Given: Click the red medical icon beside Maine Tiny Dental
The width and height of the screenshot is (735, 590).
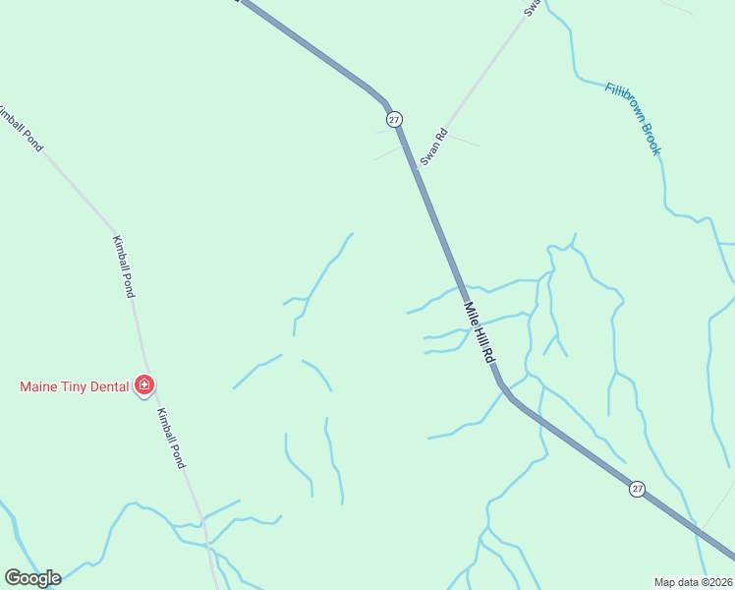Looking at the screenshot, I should click(144, 384).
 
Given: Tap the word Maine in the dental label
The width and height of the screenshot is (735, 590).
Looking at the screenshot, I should click(40, 386).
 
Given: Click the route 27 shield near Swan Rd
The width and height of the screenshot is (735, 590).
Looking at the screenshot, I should click(394, 119).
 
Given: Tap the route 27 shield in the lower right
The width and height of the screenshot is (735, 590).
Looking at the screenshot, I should click(638, 489).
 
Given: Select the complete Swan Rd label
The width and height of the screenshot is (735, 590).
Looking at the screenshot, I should click(433, 146).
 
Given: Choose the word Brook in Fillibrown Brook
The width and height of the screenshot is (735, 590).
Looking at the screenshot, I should click(651, 139).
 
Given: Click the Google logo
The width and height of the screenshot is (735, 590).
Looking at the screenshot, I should click(32, 578).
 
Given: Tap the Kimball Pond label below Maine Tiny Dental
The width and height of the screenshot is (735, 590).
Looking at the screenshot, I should click(171, 438).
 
